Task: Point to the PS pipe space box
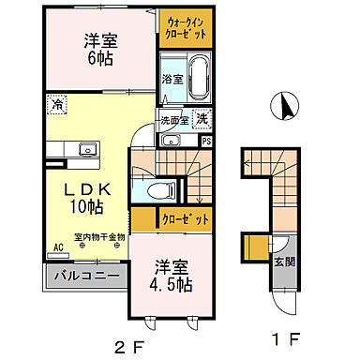pyautogui.click(x=206, y=141)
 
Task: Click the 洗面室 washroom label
pyautogui.click(x=174, y=119)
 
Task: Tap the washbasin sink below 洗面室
pyautogui.click(x=170, y=141)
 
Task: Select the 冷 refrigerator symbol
pyautogui.click(x=58, y=105)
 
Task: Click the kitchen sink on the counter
pyautogui.click(x=86, y=148)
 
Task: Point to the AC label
pyautogui.click(x=58, y=247)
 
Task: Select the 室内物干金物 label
pyautogui.click(x=100, y=236)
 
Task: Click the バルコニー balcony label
pyautogui.click(x=85, y=277)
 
